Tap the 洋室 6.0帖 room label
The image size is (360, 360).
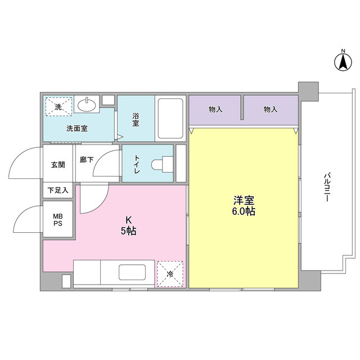244,205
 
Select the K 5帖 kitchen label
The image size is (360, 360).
129,225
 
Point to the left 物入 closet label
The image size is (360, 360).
215,109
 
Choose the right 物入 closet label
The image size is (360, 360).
271,109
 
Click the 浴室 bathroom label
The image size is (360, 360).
136,120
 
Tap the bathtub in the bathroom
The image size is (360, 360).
169,119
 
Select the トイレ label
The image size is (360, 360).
137,164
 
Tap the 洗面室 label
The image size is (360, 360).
76,128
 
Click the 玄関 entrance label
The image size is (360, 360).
58,165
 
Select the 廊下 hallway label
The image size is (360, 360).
86,160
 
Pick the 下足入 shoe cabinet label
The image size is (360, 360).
58,190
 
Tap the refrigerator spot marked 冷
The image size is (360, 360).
170,274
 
